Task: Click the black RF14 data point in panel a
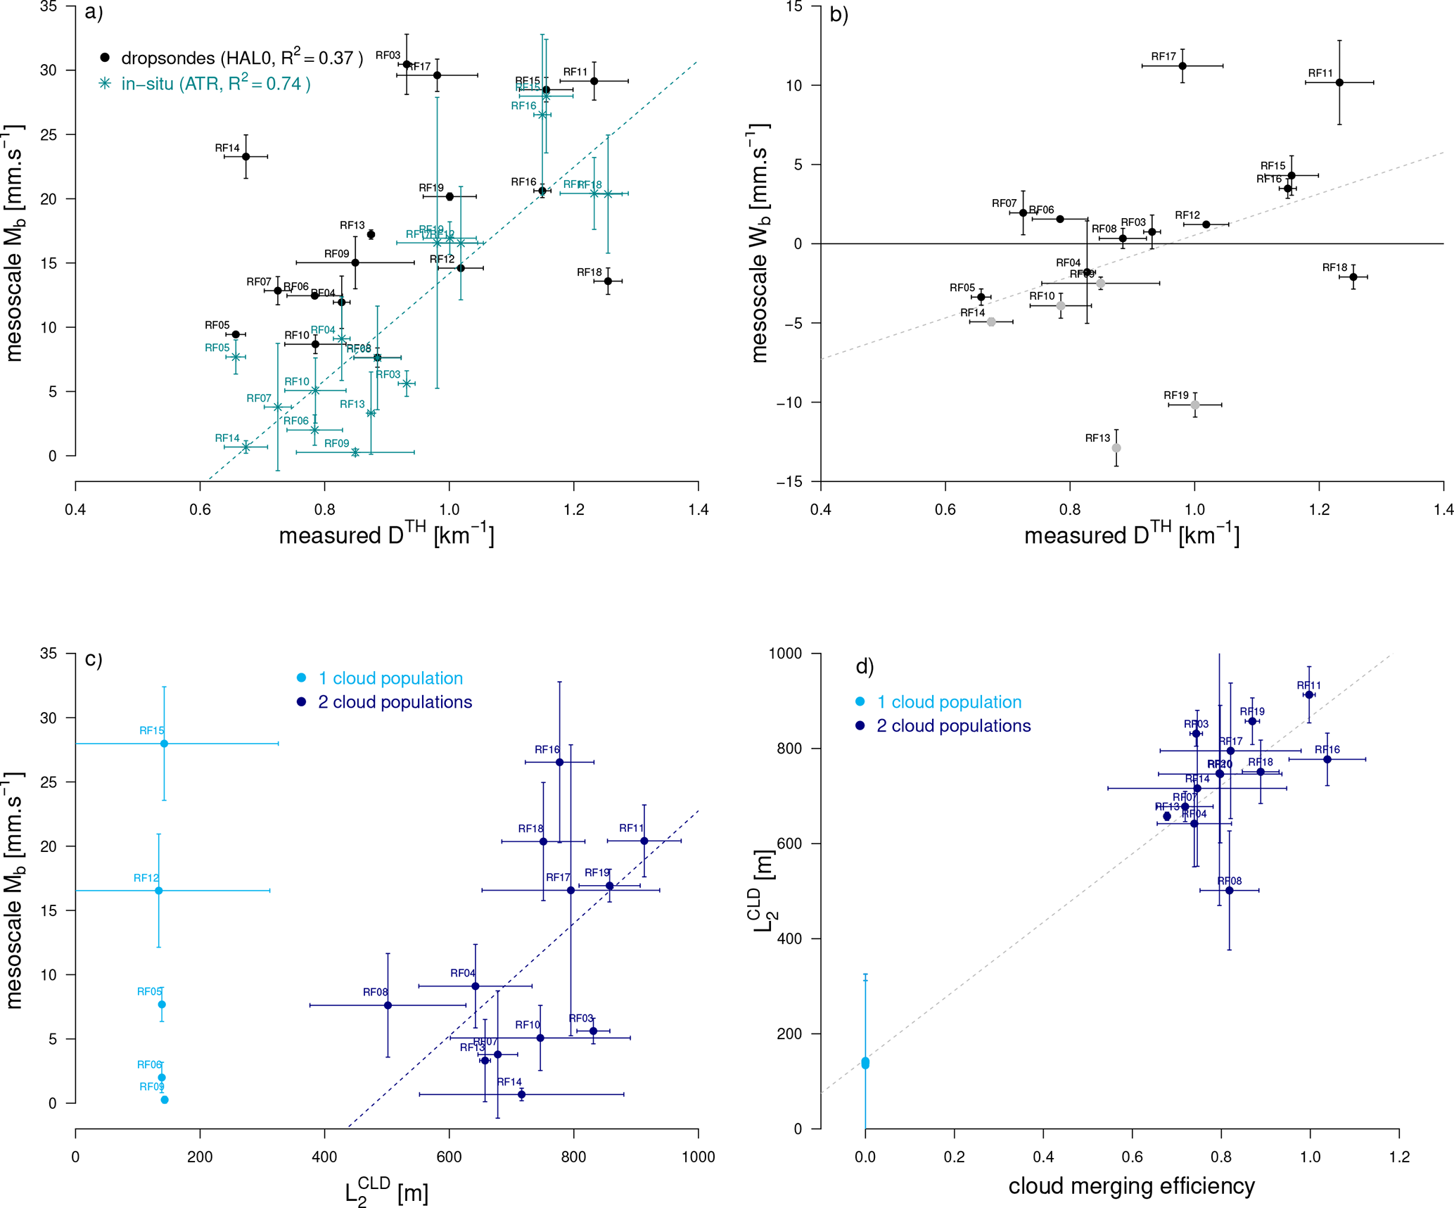[245, 156]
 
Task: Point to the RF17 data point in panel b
[1182, 66]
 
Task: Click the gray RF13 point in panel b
[1116, 448]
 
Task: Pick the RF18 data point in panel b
[1353, 277]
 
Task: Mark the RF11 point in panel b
[1339, 82]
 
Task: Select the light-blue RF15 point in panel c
[164, 744]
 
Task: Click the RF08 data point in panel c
[388, 1005]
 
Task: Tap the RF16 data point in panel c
[559, 762]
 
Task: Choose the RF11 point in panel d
[1309, 694]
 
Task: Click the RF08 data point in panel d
[1230, 891]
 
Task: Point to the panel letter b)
[839, 14]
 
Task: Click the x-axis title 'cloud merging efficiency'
[1131, 1185]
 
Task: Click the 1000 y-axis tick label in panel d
[785, 654]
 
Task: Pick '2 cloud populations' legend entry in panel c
[395, 702]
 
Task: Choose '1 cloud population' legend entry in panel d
[949, 702]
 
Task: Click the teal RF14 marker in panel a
[245, 447]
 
